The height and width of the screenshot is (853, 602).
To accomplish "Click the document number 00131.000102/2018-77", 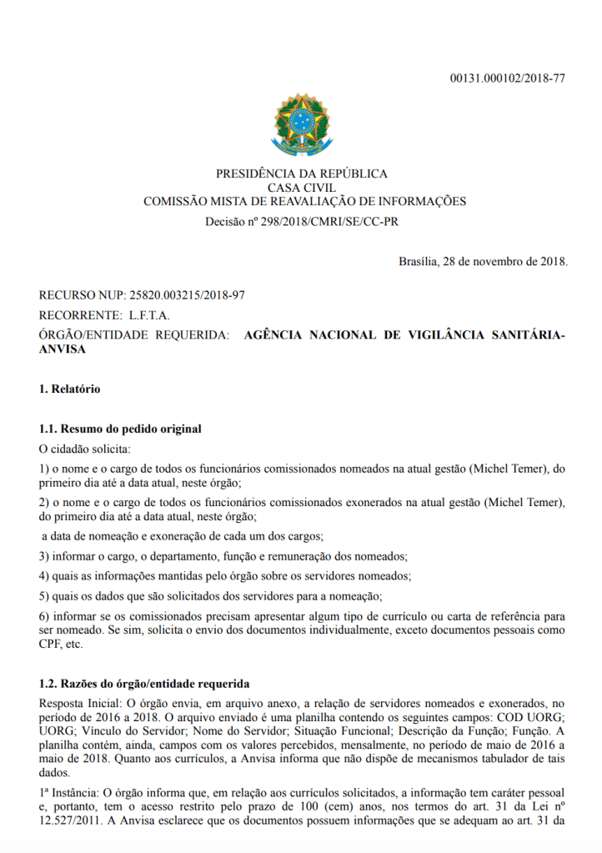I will [508, 78].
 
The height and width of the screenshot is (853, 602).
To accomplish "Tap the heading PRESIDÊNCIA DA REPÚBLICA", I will [301, 173].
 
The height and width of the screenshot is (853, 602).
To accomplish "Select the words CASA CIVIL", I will [301, 188].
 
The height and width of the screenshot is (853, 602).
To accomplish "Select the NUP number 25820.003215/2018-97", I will [188, 296].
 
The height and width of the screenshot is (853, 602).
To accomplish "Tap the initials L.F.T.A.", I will [150, 315].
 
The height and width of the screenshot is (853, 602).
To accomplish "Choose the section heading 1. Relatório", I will [70, 389].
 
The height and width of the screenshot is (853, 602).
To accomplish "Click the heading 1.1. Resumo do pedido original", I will [120, 429].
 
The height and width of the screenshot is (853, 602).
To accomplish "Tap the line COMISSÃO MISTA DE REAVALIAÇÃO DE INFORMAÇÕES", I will [304, 201].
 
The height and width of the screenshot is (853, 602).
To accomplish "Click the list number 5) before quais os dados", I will [44, 595].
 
